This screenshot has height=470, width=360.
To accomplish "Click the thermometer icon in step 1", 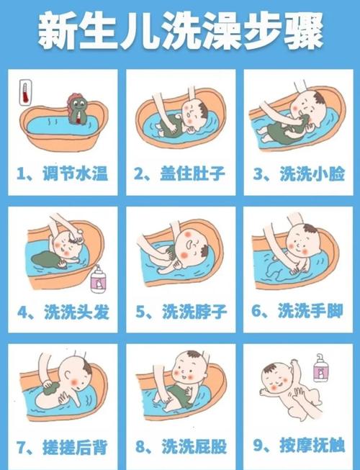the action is [x=25, y=92].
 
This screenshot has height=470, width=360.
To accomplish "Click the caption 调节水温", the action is [x=75, y=173].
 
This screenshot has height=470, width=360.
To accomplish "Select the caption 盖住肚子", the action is [x=192, y=173].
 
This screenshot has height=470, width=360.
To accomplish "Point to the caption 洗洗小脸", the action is [x=312, y=173].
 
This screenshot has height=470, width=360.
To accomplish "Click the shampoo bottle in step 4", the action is [x=98, y=279].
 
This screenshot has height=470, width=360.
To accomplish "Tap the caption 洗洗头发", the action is [x=76, y=312].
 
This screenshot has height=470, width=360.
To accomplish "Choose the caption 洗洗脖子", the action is [x=194, y=312].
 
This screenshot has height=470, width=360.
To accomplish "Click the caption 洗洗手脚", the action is [x=310, y=310].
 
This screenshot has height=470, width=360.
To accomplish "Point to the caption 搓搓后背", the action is [x=75, y=447].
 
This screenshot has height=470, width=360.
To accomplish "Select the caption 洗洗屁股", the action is [x=194, y=447].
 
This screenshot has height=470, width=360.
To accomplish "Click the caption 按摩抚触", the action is [x=312, y=446].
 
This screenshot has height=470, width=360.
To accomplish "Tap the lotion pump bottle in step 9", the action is [x=320, y=368].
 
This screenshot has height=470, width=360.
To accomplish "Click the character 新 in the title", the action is [x=56, y=30].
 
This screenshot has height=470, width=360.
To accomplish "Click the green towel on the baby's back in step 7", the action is [x=51, y=389].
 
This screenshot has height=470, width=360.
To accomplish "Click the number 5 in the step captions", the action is [x=140, y=312].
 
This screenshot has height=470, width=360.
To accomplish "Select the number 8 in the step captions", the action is [x=140, y=447].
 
